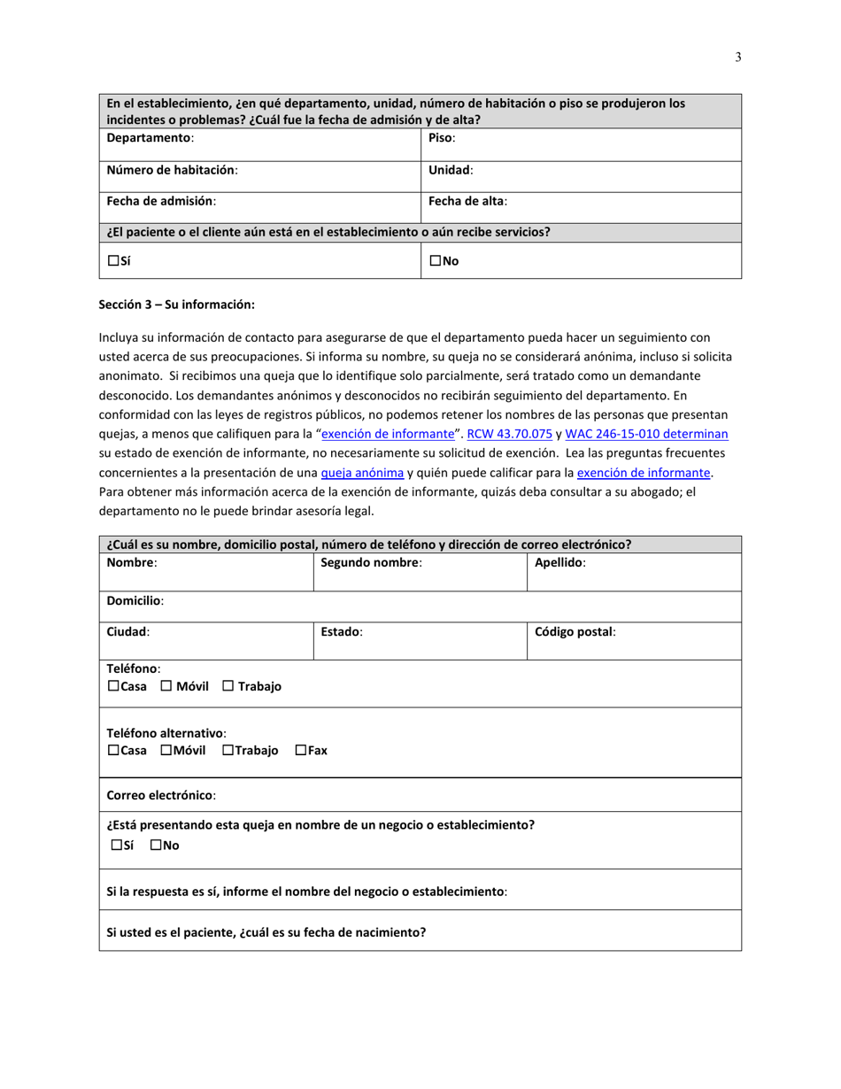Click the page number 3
click(737, 58)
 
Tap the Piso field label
click(441, 138)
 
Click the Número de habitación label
click(171, 170)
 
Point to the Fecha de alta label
click(467, 201)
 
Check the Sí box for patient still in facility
click(113, 261)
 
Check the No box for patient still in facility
click(436, 261)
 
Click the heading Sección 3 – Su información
click(176, 305)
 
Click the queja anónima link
click(362, 473)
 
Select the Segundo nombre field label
click(370, 562)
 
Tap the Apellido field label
click(559, 562)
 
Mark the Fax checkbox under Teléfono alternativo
click(300, 751)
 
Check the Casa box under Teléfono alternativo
click(113, 751)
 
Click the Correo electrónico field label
click(160, 795)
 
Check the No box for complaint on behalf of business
click(156, 846)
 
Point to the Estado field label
click(341, 632)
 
